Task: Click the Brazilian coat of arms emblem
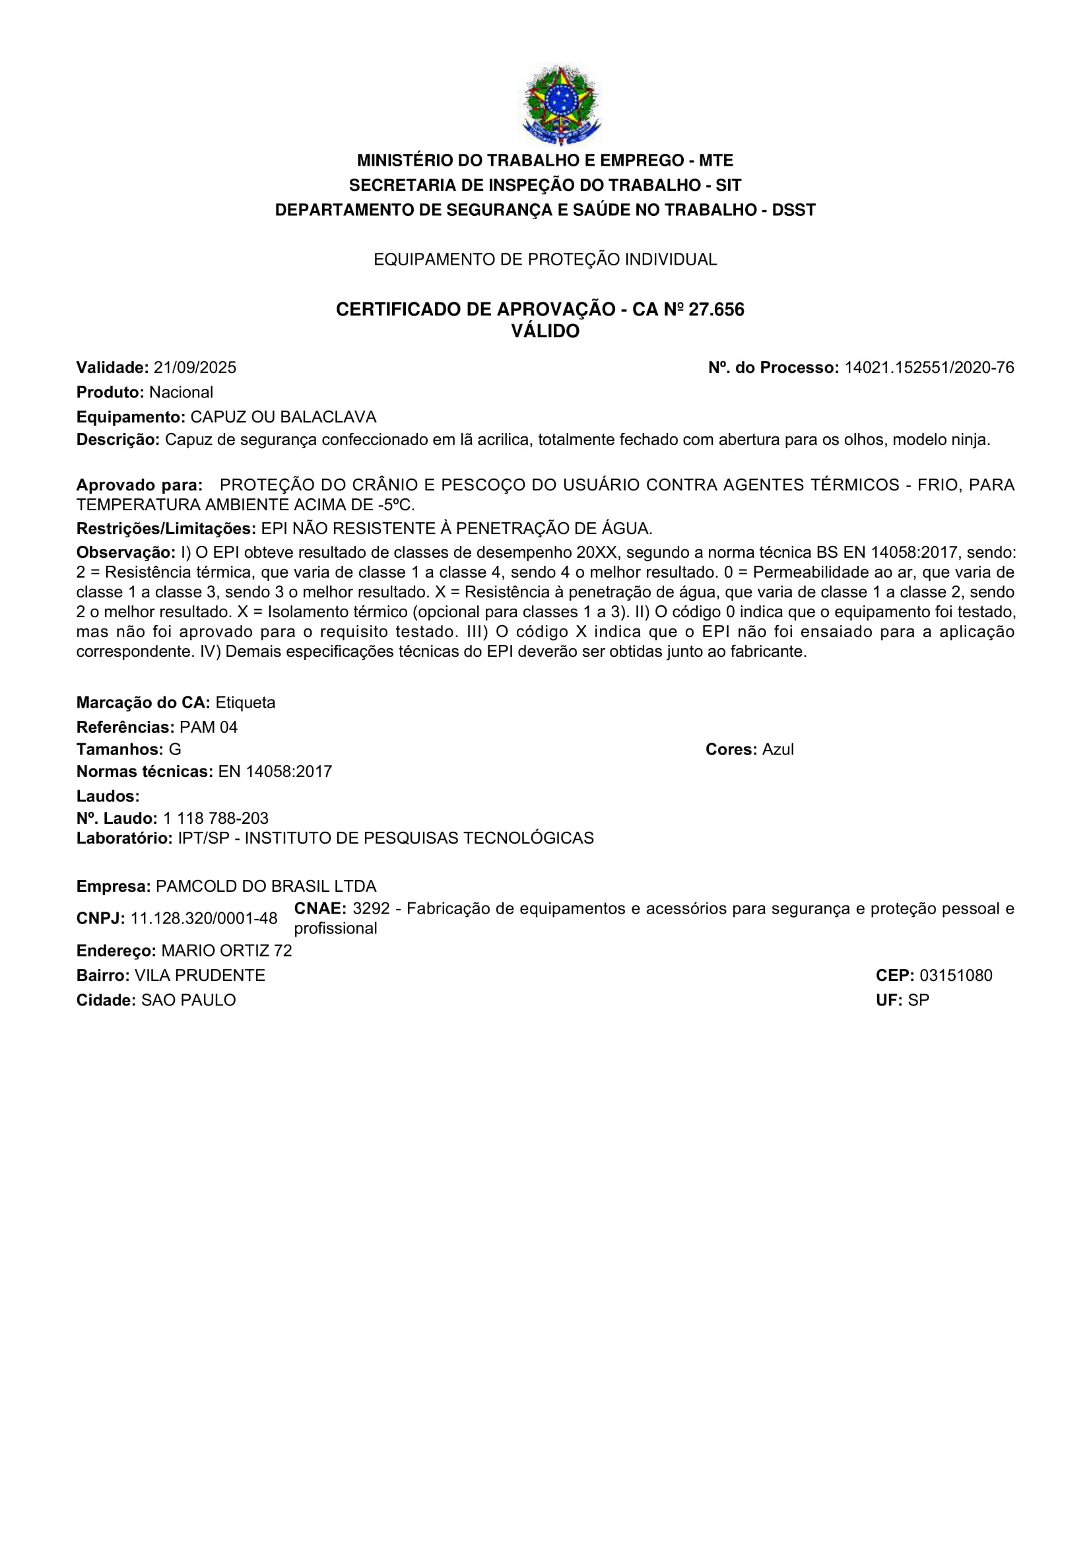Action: pyautogui.click(x=560, y=105)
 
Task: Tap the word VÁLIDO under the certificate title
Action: pyautogui.click(x=545, y=331)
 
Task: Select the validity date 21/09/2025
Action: pyautogui.click(x=195, y=368)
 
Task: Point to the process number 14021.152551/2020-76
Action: pyautogui.click(x=929, y=368)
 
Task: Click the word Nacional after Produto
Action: pyautogui.click(x=181, y=393)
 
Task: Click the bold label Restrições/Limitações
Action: pyautogui.click(x=166, y=529)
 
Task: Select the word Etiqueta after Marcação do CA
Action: pyautogui.click(x=246, y=703)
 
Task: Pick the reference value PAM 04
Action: pyautogui.click(x=209, y=727)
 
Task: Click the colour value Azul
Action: pyautogui.click(x=777, y=750)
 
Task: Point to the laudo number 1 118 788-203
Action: pyautogui.click(x=215, y=819)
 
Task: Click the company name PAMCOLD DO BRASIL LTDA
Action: pyautogui.click(x=266, y=887)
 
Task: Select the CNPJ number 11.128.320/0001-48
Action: pyautogui.click(x=204, y=919)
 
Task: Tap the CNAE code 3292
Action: pyautogui.click(x=371, y=908)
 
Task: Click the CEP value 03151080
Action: pyautogui.click(x=956, y=976)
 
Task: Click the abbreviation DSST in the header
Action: pyautogui.click(x=793, y=211)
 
